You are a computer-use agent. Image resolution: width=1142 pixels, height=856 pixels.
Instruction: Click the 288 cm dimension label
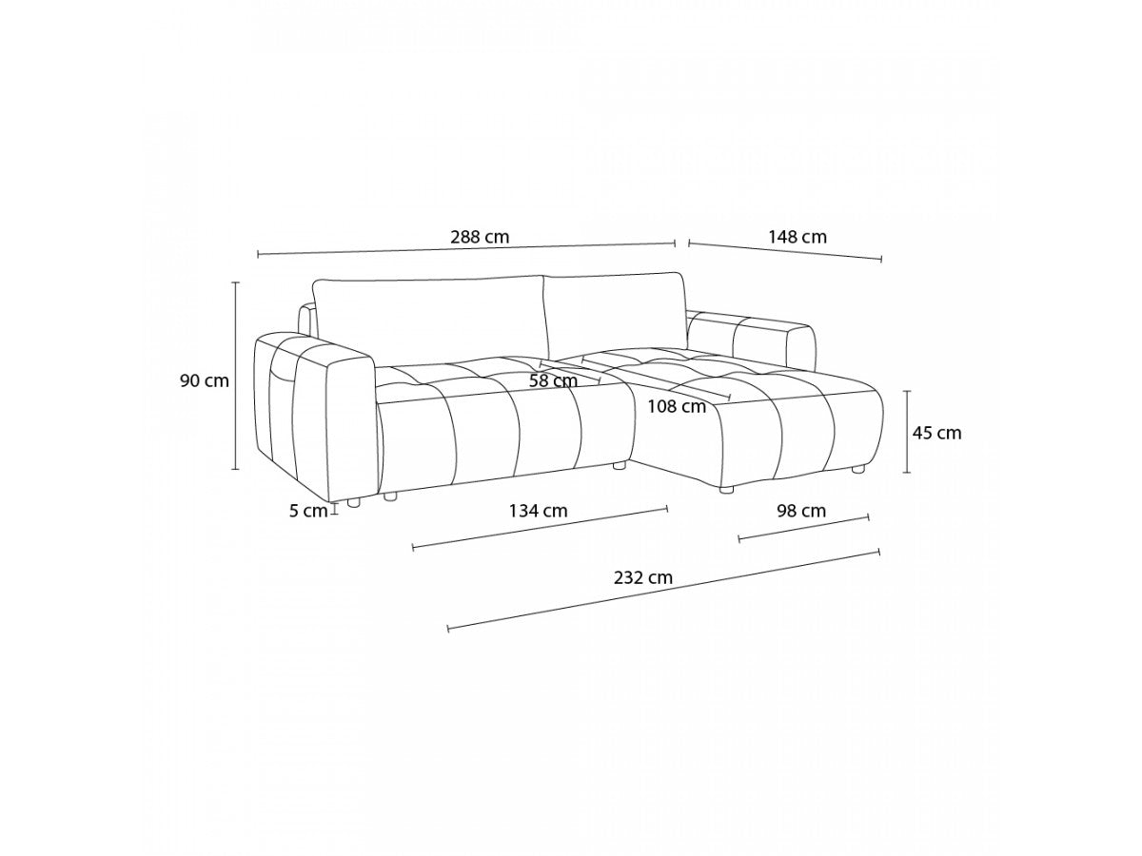[x=480, y=237]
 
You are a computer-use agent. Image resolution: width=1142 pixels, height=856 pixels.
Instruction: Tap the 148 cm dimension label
[x=797, y=237]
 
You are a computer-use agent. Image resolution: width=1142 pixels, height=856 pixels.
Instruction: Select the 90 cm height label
[x=204, y=381]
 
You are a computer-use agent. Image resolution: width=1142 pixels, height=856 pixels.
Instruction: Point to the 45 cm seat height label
[x=936, y=433]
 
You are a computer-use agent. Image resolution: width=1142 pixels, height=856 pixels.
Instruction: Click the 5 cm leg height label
[x=308, y=512]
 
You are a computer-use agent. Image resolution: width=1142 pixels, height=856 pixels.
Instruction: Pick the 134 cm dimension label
[x=538, y=511]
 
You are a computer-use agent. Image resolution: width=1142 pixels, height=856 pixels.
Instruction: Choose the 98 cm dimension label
[x=801, y=511]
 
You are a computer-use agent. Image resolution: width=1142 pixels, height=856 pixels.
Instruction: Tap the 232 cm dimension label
[x=643, y=577]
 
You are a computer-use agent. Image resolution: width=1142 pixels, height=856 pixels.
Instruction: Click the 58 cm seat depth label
[x=553, y=381]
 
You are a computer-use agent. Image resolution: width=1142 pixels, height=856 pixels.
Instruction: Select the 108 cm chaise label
[x=677, y=406]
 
